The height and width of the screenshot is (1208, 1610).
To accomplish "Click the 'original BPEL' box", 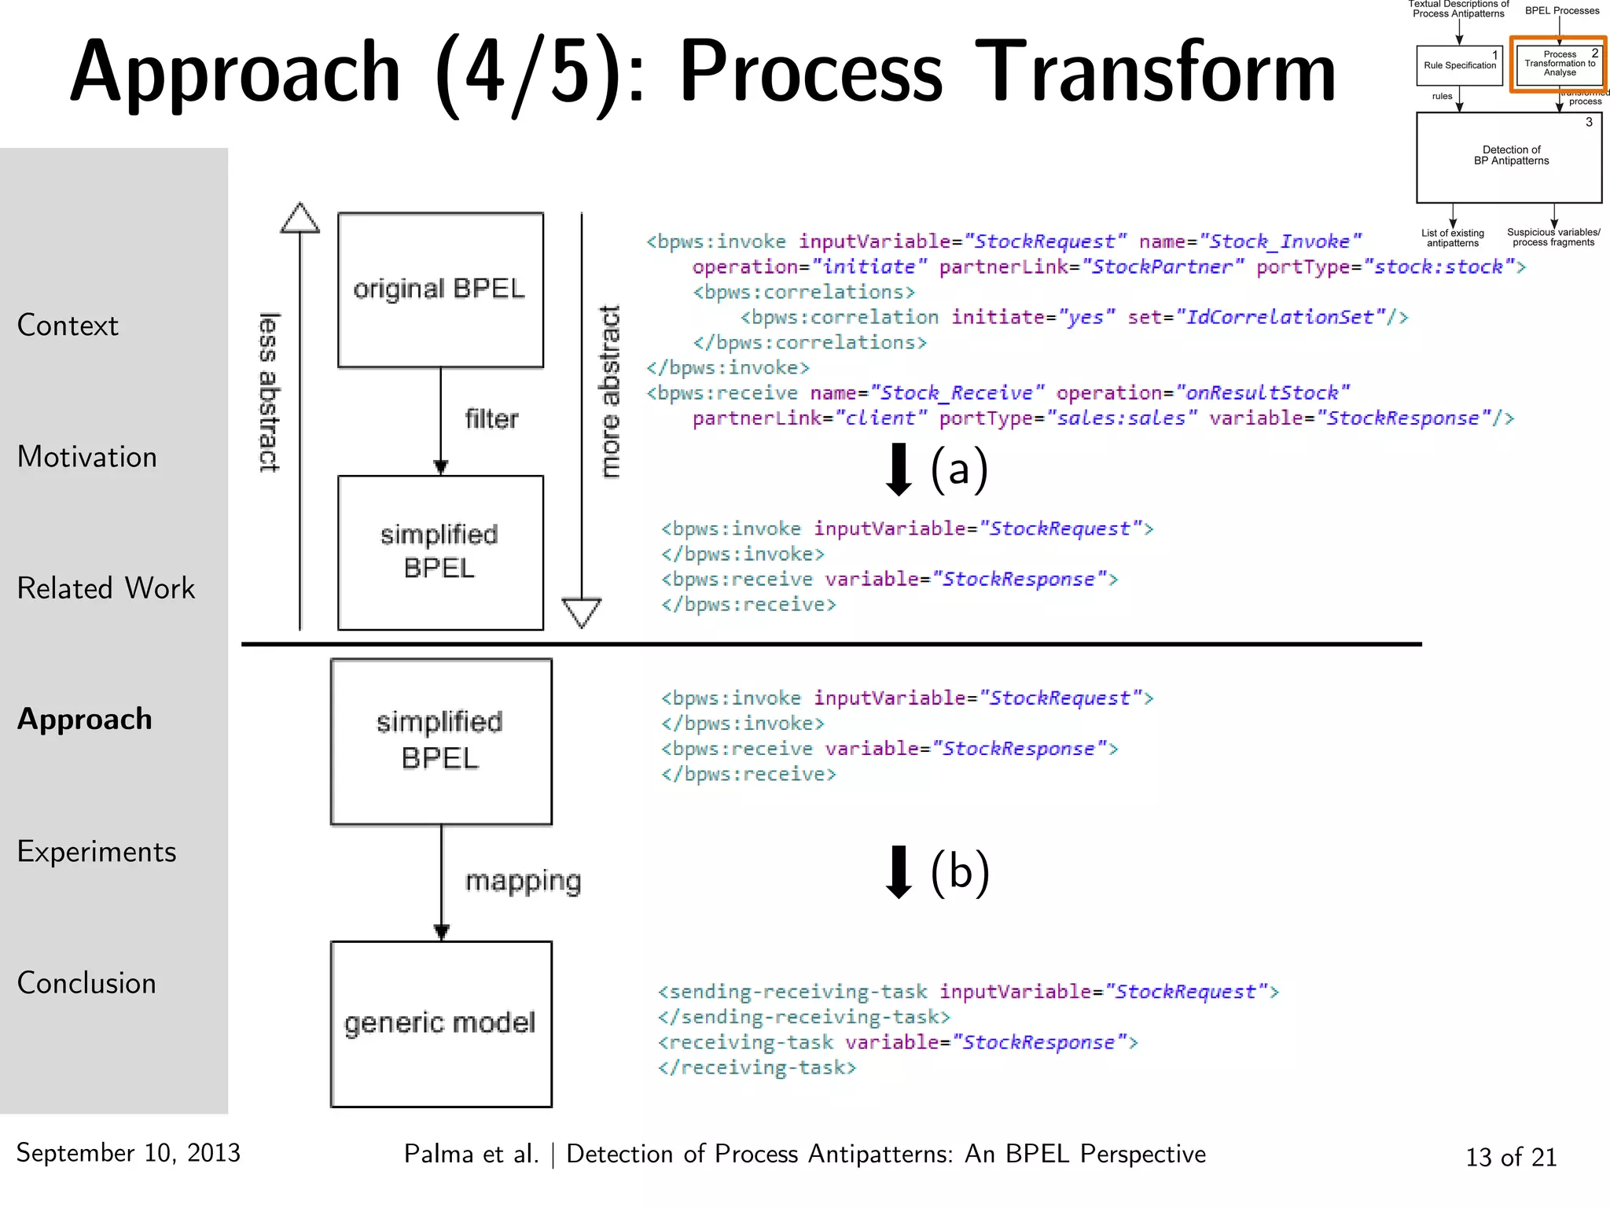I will [440, 289].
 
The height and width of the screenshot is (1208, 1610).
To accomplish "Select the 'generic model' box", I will [440, 1023].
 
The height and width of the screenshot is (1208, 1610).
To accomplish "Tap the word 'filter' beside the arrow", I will [491, 419].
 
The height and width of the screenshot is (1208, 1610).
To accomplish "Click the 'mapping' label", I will [523, 881].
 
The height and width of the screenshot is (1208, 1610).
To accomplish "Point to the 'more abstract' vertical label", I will [610, 392].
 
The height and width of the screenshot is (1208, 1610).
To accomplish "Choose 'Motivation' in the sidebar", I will [87, 457].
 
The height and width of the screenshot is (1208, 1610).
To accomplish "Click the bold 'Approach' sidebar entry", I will [85, 719].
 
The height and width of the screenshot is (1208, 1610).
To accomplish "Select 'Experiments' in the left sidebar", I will [97, 852].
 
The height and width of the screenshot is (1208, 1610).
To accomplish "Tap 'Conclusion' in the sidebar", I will [86, 983].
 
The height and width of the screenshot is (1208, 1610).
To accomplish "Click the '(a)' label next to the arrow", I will [959, 470].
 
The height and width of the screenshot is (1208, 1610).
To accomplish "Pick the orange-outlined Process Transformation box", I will [1559, 64].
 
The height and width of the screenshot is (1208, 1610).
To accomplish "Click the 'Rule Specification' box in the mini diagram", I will [1459, 65].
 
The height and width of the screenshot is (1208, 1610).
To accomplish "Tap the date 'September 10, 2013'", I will [128, 1153].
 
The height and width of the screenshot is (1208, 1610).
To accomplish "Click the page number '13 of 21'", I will [1511, 1157].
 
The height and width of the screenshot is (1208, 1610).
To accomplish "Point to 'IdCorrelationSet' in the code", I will [1280, 317].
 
